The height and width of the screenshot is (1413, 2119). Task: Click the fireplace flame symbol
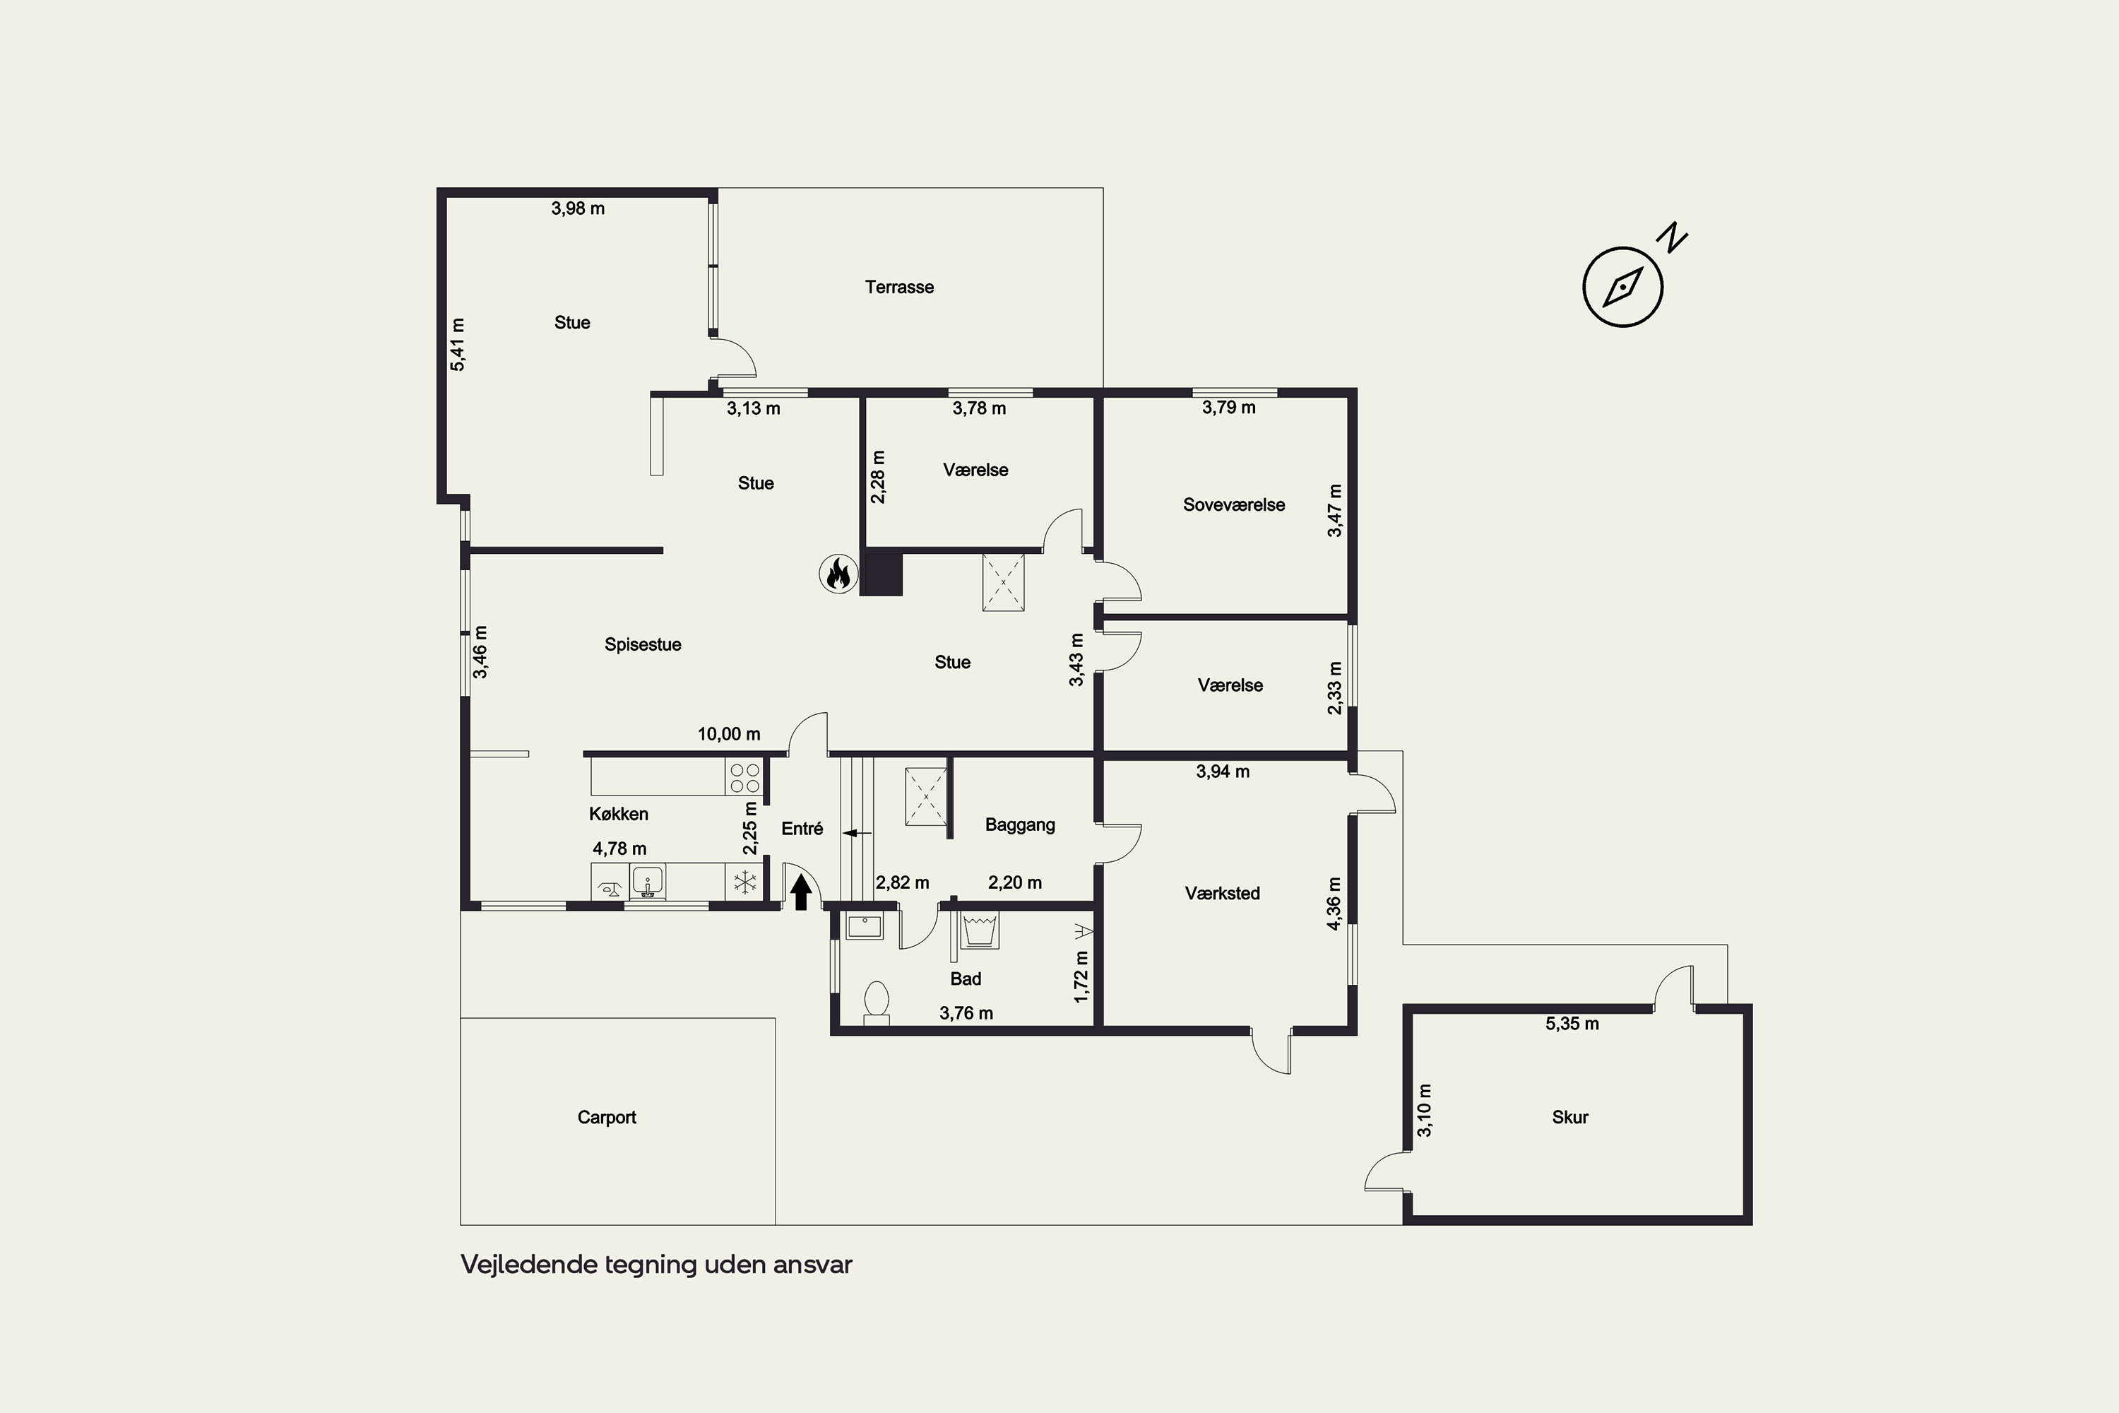coord(838,573)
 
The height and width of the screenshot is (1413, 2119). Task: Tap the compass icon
coord(1622,287)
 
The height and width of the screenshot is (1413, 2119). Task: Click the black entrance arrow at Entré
coord(801,893)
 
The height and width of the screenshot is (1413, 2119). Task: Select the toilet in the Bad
coord(877,1002)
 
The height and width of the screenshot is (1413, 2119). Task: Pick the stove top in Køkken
coord(745,776)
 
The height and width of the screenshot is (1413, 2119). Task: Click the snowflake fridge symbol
coord(745,882)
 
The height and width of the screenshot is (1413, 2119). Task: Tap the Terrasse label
coord(899,288)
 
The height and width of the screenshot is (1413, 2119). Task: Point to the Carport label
coord(606,1118)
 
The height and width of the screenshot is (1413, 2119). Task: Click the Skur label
coord(1569,1118)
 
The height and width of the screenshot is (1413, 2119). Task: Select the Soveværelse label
coord(1233,504)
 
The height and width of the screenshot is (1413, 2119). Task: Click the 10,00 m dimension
coord(729,735)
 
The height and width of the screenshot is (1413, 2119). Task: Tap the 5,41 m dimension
coord(458,344)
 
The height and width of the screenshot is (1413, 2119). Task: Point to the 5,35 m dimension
coord(1572,1024)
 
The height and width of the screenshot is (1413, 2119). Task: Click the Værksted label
coord(1222,893)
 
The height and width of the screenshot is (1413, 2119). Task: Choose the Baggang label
coord(1020,824)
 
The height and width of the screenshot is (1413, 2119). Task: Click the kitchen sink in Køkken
coord(647,881)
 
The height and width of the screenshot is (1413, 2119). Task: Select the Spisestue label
coord(642,644)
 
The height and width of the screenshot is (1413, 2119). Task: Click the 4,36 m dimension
coord(1334,904)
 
